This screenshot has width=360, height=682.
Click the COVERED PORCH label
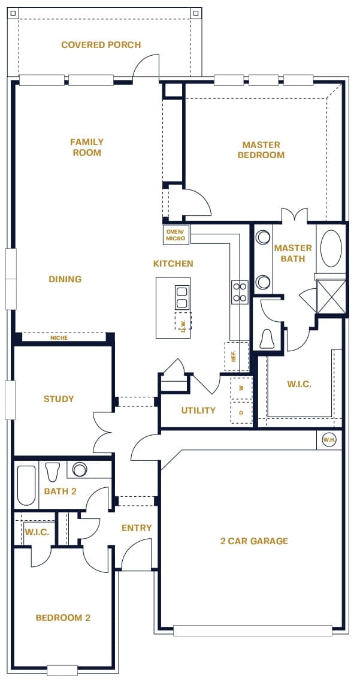point(101,45)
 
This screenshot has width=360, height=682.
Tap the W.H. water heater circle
point(329,440)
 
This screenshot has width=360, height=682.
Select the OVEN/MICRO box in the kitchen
point(176,236)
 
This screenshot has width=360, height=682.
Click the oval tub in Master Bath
point(331,248)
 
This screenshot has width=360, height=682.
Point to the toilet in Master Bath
point(267,339)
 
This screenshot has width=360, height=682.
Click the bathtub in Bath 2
point(26,485)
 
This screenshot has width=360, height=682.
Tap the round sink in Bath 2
point(80,469)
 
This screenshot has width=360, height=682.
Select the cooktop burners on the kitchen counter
point(240,292)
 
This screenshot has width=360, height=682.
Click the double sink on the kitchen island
point(181,297)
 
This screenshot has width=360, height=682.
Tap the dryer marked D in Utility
point(241,412)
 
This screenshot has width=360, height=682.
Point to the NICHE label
point(59,338)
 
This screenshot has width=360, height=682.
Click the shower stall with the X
point(331,296)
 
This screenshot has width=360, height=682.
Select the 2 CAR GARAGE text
point(255,541)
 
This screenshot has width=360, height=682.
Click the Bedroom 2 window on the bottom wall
point(62,670)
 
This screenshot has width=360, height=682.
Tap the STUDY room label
point(59,399)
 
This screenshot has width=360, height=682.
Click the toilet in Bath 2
point(53,472)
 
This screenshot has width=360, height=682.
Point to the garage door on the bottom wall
point(253,630)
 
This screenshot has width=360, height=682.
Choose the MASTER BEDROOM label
point(261,150)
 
